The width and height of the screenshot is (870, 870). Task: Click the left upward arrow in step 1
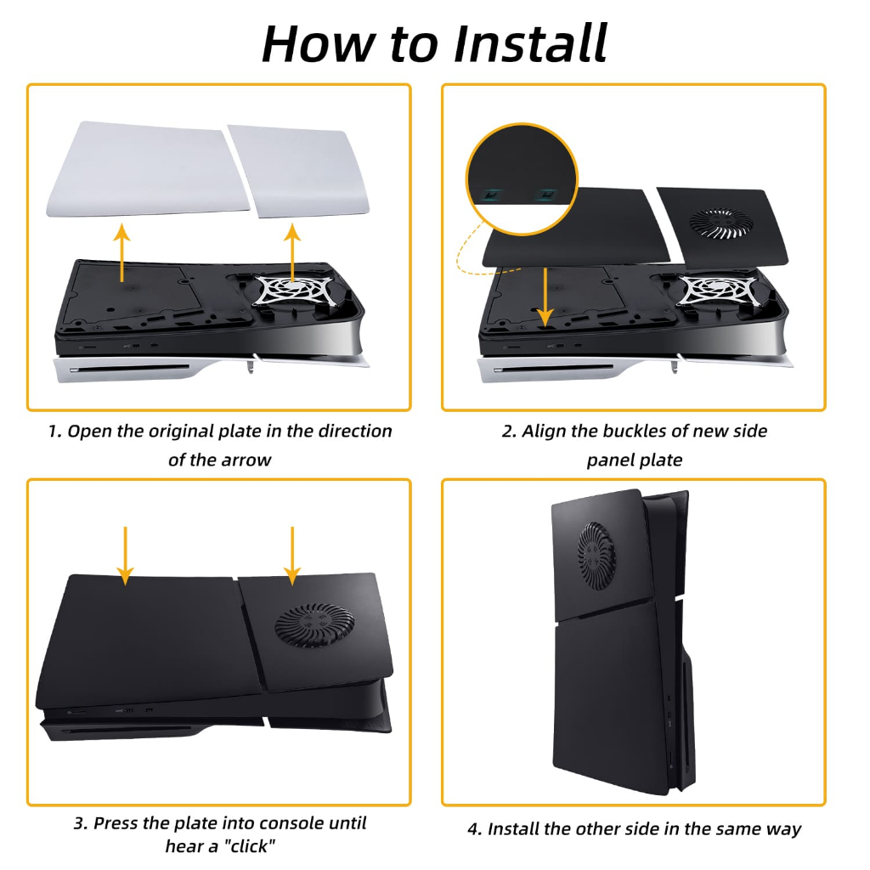[x=122, y=252]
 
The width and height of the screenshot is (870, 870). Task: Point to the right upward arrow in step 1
[x=292, y=252]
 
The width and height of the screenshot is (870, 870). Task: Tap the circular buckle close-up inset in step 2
[x=522, y=179]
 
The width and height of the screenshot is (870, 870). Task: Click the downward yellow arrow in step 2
[x=545, y=297]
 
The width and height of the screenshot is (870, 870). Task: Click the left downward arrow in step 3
[x=126, y=556]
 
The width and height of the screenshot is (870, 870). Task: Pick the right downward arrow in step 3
[x=292, y=556]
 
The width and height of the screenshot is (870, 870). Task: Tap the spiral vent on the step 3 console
[x=314, y=625]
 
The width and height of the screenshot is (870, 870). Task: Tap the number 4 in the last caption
[x=474, y=829]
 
